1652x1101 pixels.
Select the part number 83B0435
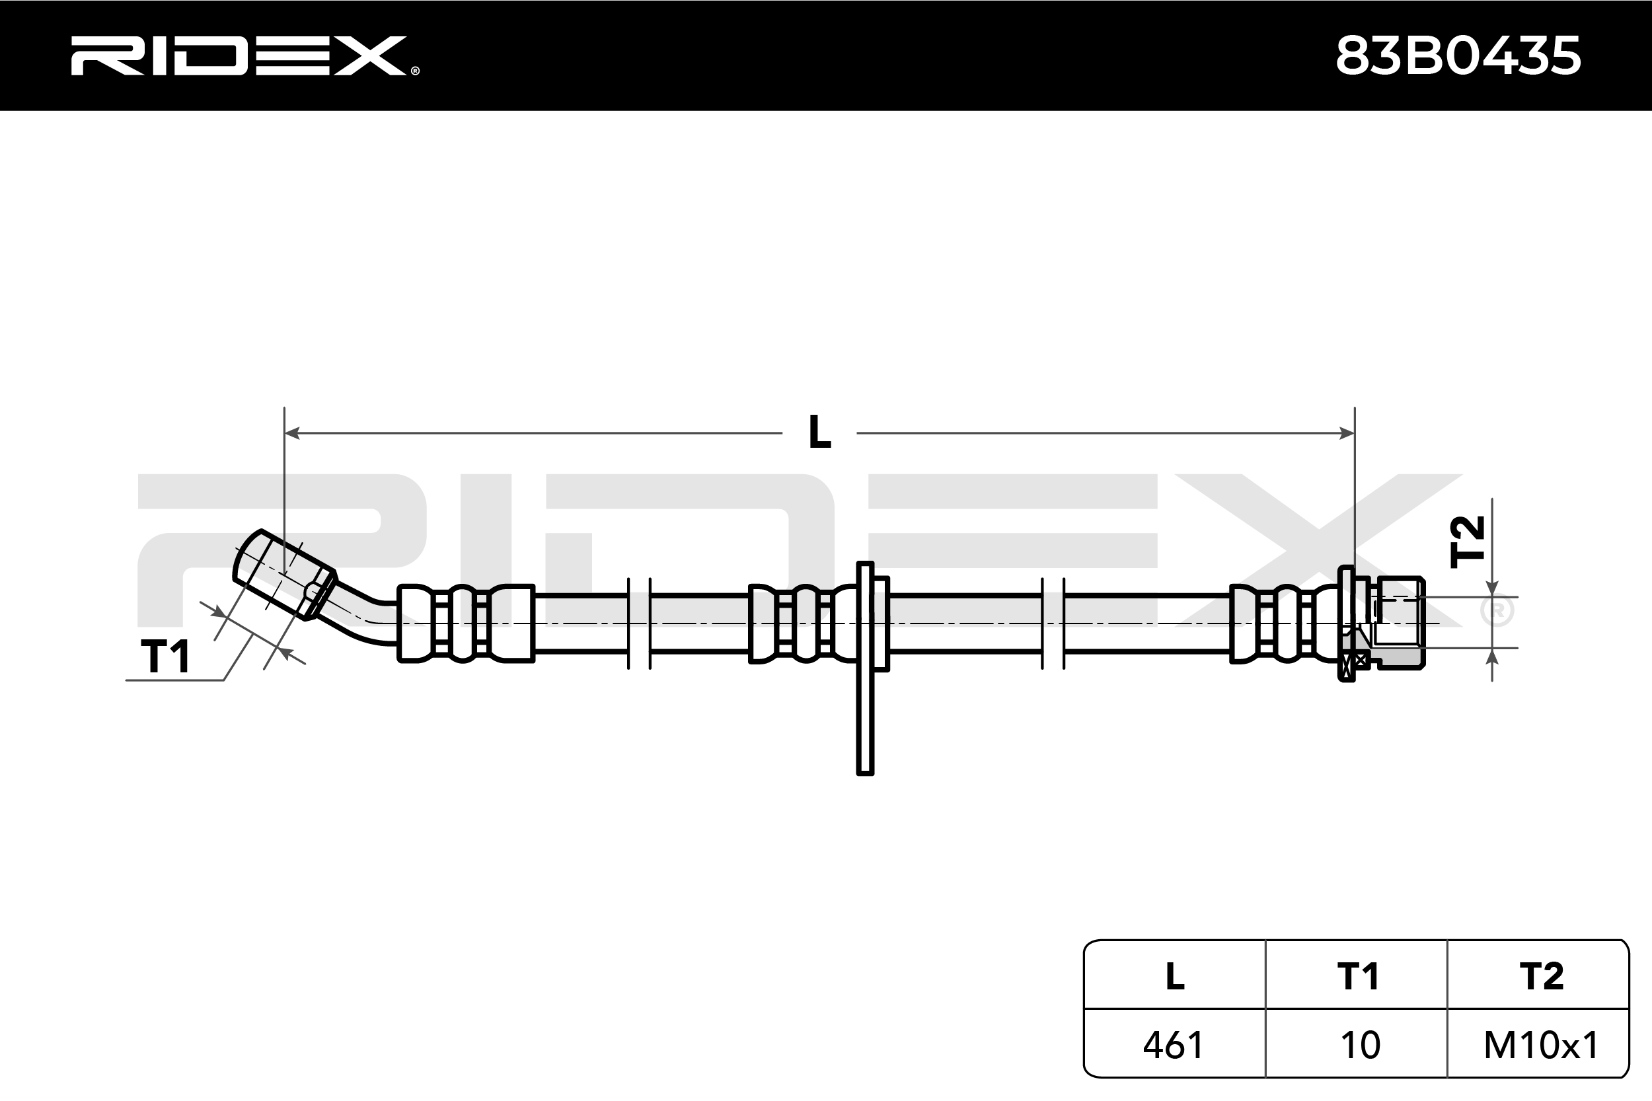[1458, 55]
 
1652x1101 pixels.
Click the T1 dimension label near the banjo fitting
[166, 657]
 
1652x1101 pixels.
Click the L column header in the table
[1175, 976]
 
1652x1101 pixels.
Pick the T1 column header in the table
[1358, 976]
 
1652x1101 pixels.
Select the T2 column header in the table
[1541, 976]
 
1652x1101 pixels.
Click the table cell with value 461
[1174, 1045]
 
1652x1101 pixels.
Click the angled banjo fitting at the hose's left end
[284, 575]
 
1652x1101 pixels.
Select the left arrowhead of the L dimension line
[292, 433]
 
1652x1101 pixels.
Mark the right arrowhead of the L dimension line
[1347, 433]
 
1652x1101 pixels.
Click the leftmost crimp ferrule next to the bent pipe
[466, 623]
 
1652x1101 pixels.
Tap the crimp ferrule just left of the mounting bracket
[802, 623]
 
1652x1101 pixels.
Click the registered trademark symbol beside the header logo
[415, 70]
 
